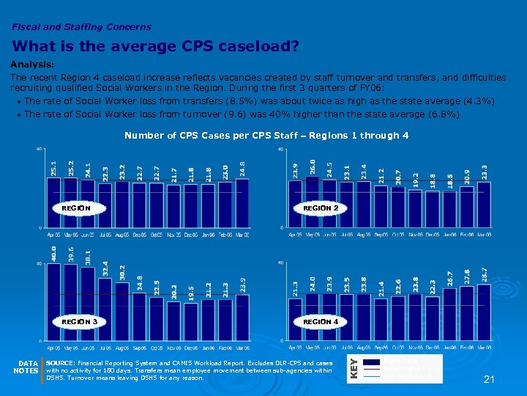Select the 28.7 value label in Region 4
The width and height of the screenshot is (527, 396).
(484, 273)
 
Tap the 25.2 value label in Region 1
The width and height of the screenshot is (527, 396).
(70, 168)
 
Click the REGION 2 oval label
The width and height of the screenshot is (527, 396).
(321, 208)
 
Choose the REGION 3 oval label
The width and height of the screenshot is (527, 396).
(79, 321)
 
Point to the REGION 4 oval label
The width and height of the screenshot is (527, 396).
(321, 321)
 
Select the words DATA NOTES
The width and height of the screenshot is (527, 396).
(28, 367)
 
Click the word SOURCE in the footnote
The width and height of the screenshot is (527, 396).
(59, 363)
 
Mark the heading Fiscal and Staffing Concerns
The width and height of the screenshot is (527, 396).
(81, 27)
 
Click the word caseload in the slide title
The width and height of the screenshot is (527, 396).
(261, 47)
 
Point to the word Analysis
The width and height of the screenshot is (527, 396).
(31, 64)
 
